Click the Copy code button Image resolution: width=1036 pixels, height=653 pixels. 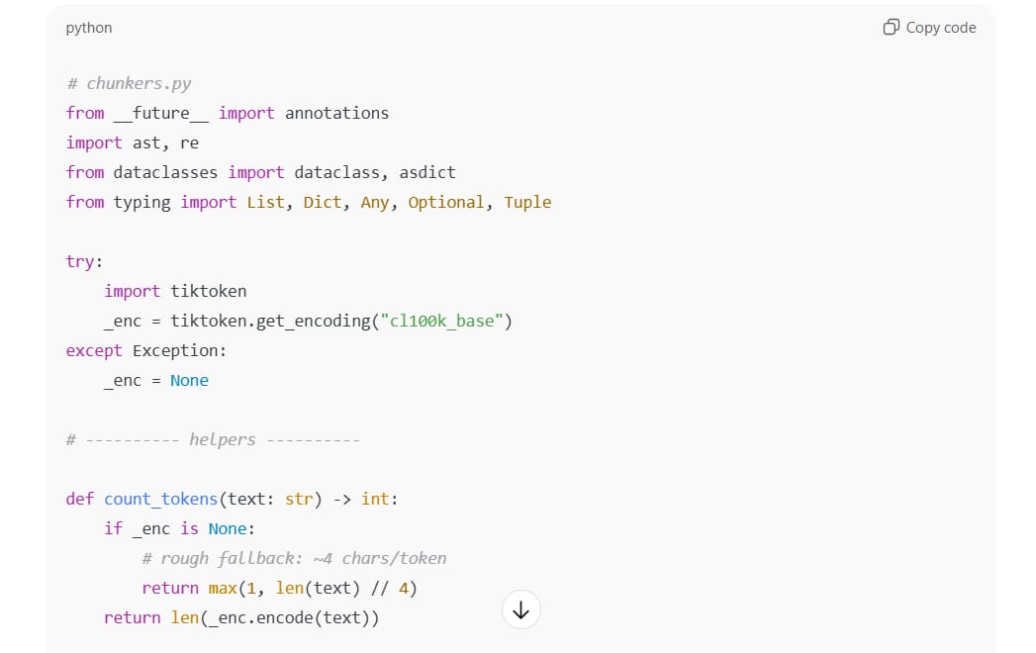[x=929, y=28]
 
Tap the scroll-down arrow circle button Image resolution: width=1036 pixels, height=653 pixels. [x=521, y=610]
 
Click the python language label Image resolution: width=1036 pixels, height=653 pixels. [x=89, y=28]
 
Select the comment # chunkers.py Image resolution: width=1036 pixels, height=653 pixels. [x=129, y=83]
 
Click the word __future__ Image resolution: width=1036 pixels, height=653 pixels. [x=161, y=113]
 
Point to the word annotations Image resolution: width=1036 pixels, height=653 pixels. [x=336, y=113]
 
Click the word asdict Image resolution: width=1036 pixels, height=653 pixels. [x=427, y=172]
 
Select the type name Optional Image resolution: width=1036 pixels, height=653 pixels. [x=446, y=202]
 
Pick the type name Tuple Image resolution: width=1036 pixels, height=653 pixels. [x=527, y=202]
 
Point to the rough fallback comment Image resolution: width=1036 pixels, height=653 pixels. [x=294, y=558]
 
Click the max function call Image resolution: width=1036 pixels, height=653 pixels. [x=223, y=588]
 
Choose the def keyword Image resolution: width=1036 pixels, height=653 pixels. [x=80, y=499]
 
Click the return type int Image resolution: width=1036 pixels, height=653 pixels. [x=375, y=499]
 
